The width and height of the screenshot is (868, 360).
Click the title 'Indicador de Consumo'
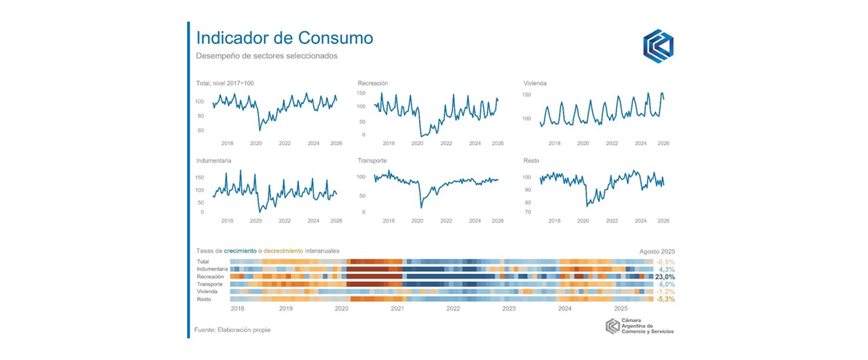pos(284,37)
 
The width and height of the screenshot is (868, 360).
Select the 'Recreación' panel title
pos(372,83)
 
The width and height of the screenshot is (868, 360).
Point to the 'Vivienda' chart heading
pos(535,83)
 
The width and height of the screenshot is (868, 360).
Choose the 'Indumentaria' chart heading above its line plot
pos(214,161)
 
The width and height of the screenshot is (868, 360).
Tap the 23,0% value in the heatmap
pos(665,277)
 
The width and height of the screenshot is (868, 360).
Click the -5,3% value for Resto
pos(665,299)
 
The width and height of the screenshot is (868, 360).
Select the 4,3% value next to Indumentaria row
pos(667,269)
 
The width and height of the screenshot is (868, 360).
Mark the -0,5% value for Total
pos(665,262)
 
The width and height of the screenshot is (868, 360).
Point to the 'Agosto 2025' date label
pos(657,251)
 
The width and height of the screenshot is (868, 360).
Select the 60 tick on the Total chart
pos(200,130)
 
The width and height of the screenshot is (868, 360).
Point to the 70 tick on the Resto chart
pos(528,212)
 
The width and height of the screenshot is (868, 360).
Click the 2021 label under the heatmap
pos(397,308)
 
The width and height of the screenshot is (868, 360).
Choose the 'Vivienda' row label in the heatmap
pos(208,292)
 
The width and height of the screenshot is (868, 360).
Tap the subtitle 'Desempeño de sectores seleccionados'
pos(267,56)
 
